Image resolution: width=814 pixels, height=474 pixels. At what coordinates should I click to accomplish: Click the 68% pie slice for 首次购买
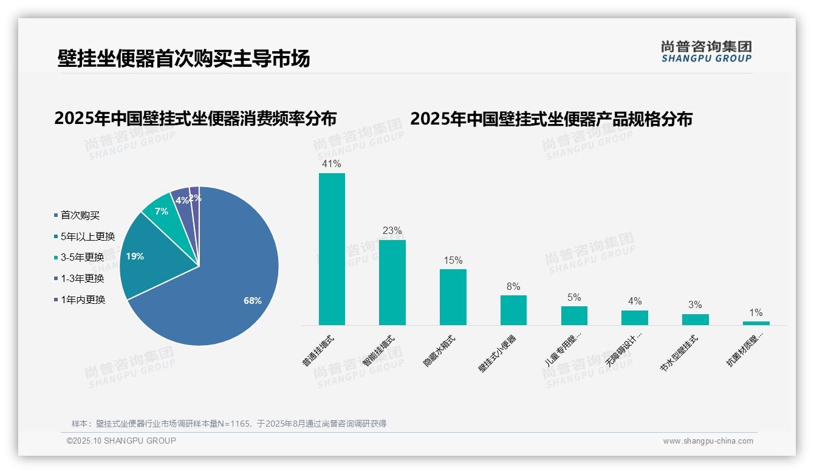(x=231, y=286)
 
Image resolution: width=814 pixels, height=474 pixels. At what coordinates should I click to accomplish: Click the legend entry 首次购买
(x=80, y=215)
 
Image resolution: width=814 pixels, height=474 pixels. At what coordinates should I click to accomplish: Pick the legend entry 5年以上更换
(x=87, y=236)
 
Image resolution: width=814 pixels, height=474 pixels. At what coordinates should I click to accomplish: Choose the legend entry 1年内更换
(x=83, y=300)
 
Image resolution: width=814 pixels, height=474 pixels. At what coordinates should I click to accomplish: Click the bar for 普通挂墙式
(x=332, y=249)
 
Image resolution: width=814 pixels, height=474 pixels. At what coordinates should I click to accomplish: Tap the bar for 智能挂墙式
(x=392, y=283)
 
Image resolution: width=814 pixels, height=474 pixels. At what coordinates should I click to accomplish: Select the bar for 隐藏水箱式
(x=453, y=297)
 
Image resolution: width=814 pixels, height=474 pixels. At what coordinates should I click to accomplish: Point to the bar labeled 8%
(x=513, y=310)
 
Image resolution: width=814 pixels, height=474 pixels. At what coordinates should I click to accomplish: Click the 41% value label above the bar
(x=332, y=164)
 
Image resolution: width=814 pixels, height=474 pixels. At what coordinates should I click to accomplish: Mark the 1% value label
(x=756, y=313)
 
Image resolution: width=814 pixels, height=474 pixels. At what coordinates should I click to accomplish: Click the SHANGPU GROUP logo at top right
(x=706, y=52)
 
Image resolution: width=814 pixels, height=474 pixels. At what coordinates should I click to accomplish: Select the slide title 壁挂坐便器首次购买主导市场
(x=183, y=58)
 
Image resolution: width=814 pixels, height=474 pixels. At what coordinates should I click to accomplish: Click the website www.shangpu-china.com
(x=708, y=441)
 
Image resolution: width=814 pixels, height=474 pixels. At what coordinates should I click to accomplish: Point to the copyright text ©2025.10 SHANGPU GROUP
(x=121, y=441)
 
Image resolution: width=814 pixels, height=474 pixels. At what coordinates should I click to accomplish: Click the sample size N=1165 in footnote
(x=230, y=424)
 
